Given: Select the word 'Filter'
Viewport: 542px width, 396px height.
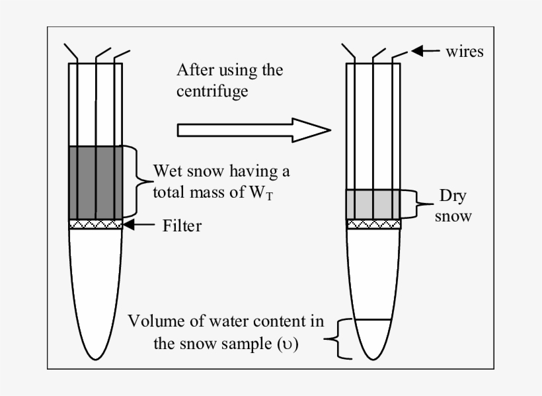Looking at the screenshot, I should point(182,225).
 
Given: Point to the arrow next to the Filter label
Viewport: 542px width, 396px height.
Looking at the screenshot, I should point(139,225).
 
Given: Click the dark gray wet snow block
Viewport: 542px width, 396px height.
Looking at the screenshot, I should point(96,182).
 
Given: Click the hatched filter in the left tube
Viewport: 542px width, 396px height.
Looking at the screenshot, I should point(96,225).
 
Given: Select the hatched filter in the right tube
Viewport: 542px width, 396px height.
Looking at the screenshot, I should point(373,224).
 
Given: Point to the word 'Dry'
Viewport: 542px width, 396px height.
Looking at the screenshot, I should point(453,196).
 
